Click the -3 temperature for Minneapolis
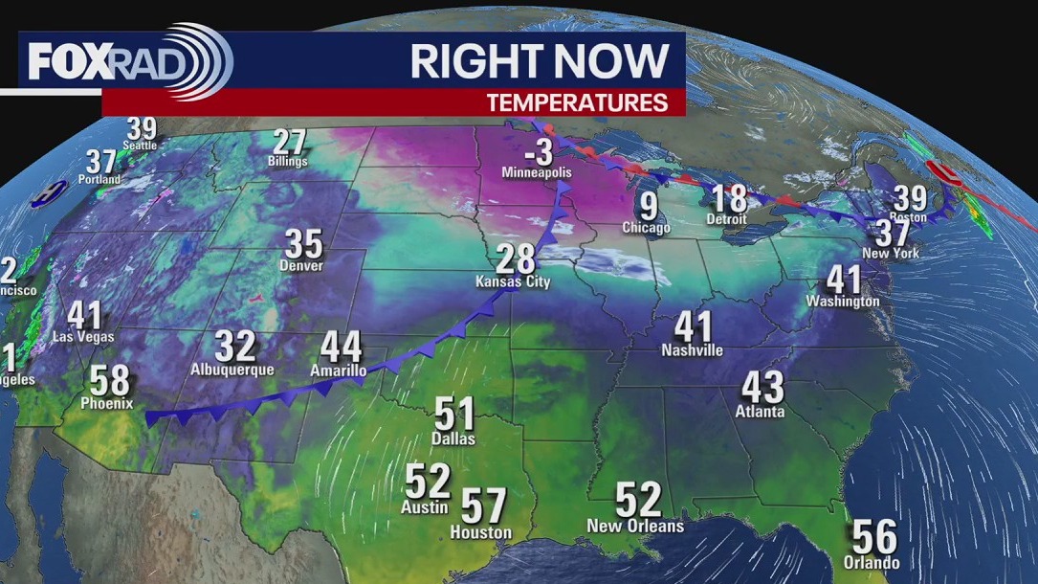[x=536, y=150]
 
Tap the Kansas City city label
[x=513, y=282]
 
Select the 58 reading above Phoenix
[x=109, y=380]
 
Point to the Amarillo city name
[x=338, y=371]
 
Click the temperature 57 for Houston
[x=484, y=505]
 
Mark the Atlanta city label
[x=762, y=412]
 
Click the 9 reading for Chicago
[x=649, y=204]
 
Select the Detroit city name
[x=726, y=219]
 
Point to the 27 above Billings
[x=288, y=143]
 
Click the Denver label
[x=303, y=265]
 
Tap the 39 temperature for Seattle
[x=141, y=127]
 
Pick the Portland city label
[x=100, y=179]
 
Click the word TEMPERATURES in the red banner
[x=577, y=102]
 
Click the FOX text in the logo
[x=64, y=62]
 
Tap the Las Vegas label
[x=84, y=337]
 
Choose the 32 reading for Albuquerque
[x=234, y=346]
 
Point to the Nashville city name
[x=692, y=350]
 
